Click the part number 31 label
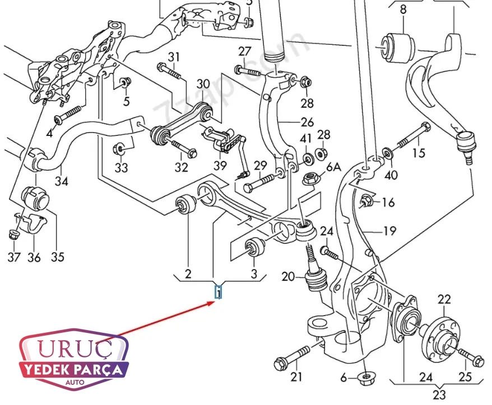(x=174, y=56)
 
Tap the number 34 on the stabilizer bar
(x=62, y=182)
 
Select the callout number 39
(x=220, y=166)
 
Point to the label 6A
(x=333, y=167)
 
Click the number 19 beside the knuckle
(x=389, y=230)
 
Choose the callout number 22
(x=444, y=300)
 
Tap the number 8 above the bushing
(x=403, y=10)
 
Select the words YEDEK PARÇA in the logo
(x=74, y=370)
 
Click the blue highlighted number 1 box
(x=219, y=291)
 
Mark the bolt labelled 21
(x=292, y=357)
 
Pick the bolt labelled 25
(x=470, y=356)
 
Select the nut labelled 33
(x=119, y=149)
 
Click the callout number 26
(x=307, y=123)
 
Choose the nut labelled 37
(x=14, y=234)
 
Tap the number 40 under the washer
(x=391, y=175)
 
